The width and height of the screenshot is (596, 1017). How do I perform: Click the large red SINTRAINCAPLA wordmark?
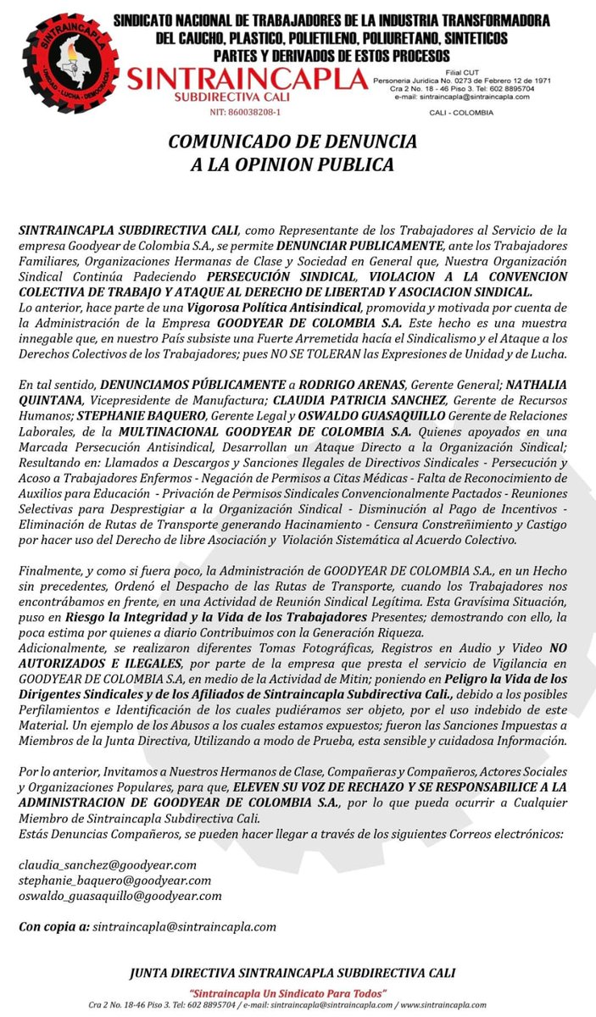[245, 81]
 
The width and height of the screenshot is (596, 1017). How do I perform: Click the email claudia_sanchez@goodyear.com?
[108, 864]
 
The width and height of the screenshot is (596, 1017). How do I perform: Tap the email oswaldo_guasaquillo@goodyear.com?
[120, 895]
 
